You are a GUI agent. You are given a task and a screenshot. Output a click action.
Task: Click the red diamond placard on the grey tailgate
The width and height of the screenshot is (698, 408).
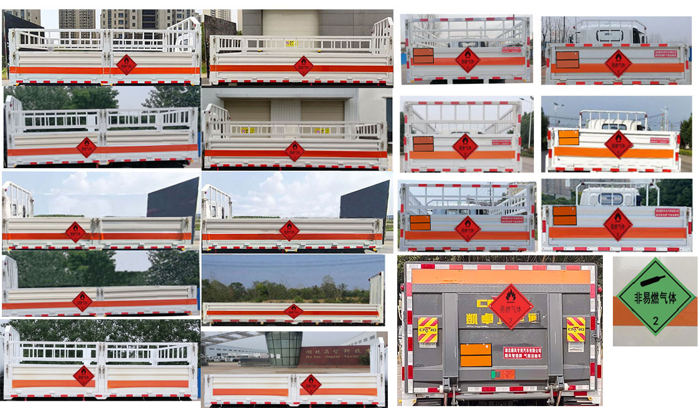(x=510, y=306)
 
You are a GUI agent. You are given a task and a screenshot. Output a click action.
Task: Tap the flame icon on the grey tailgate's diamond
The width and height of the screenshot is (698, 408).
(x=510, y=296)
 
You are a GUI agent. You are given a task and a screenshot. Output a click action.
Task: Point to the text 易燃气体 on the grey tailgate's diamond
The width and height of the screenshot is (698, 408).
(x=510, y=307)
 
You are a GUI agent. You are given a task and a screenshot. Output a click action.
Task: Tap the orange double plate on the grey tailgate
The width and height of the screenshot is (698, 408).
(x=475, y=355)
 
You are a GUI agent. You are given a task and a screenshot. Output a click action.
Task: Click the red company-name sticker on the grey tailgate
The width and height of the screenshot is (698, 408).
(x=522, y=352)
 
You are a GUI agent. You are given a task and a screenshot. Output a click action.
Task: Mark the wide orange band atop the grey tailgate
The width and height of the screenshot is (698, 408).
(x=500, y=276)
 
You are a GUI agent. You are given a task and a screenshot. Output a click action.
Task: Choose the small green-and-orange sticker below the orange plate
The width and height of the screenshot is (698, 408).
(x=503, y=374)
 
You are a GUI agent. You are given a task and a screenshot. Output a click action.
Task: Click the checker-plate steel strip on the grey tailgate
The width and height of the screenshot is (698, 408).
(x=500, y=288)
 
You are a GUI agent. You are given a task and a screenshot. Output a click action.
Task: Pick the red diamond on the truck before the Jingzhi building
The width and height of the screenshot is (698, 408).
(x=310, y=384)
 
